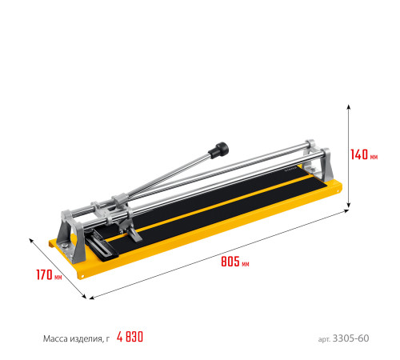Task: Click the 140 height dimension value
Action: coord(359,154)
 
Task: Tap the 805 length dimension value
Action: coord(230,262)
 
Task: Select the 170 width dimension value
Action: coord(44,274)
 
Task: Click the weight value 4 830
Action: coord(130,337)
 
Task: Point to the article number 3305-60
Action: coord(350,338)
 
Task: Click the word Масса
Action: coord(55,338)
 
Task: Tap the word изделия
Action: coord(86,339)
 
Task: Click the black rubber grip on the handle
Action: coord(218,150)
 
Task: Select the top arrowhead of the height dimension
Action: coord(348,106)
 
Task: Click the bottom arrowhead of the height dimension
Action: coord(348,206)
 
